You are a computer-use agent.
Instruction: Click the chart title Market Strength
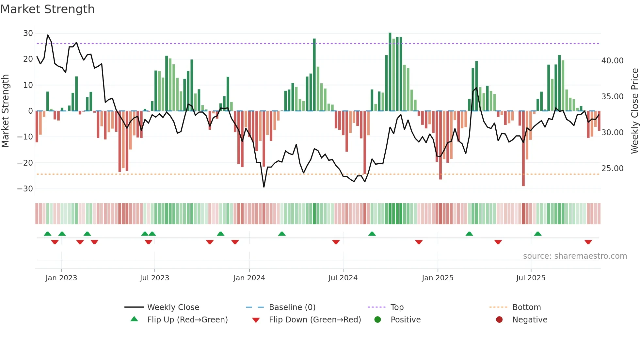47,9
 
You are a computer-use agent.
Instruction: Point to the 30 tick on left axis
28,33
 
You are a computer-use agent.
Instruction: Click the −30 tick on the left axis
25,188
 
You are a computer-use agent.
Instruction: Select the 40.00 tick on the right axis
612,60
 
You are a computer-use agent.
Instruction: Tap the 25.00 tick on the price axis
612,168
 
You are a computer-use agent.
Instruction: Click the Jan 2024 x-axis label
249,278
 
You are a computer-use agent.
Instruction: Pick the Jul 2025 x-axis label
531,278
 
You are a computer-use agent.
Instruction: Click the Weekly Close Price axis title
634,111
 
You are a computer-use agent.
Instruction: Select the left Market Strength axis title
5,111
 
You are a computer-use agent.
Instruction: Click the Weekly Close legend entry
173,307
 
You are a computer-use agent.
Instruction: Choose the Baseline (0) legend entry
292,307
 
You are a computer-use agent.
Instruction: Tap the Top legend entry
397,307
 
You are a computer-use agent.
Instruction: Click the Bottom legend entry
526,307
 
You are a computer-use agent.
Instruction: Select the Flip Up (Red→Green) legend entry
187,320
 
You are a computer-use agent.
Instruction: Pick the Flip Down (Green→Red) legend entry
314,320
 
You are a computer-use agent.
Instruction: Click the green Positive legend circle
377,319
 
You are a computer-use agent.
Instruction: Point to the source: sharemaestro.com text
575,256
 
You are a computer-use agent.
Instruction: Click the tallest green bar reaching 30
390,72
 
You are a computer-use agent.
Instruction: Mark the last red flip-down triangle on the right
588,242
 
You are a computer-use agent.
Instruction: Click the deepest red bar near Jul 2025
523,149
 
